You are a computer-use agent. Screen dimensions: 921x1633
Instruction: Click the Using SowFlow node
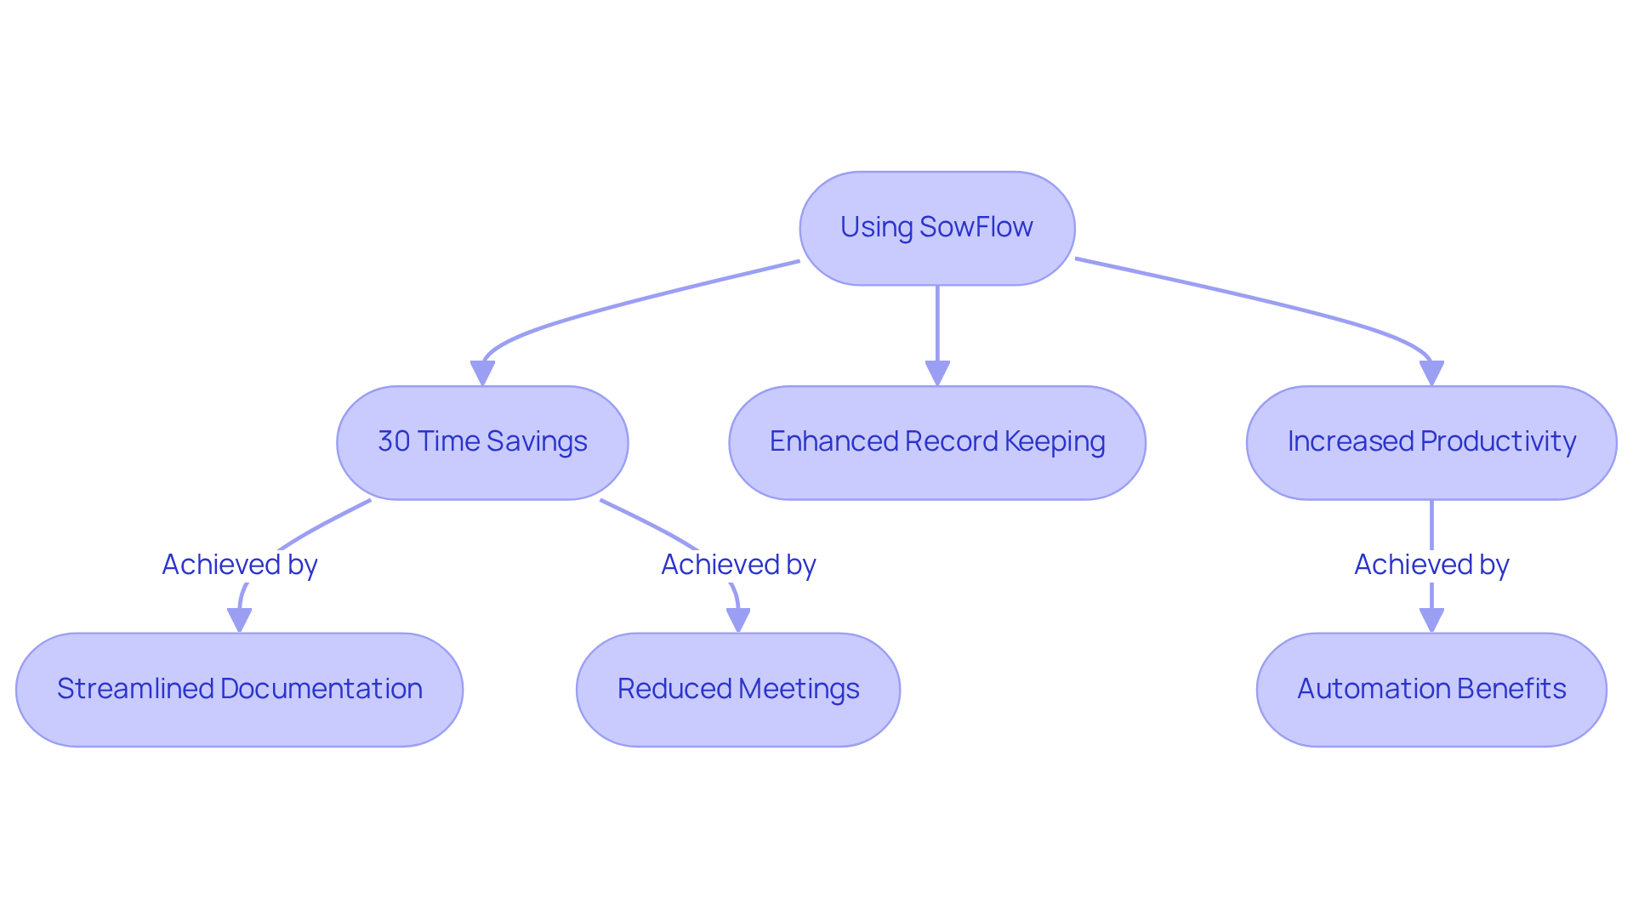[936, 228]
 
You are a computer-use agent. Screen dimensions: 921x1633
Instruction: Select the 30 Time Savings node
[482, 442]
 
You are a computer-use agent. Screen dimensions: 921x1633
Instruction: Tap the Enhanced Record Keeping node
[936, 442]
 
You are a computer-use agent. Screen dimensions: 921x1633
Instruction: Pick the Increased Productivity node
[1431, 442]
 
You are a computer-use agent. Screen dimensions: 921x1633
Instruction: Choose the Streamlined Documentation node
[239, 689]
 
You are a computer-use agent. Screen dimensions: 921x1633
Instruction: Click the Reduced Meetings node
[737, 689]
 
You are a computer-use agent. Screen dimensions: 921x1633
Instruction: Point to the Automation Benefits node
[1431, 689]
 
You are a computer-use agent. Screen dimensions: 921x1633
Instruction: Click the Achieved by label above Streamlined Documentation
[239, 565]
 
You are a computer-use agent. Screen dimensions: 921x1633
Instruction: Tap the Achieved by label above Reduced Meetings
[737, 565]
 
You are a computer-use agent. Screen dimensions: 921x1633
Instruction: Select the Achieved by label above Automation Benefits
[1431, 565]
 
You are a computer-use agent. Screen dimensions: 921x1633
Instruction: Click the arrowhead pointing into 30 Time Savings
[482, 373]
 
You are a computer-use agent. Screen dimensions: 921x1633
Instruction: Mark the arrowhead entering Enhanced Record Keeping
[936, 373]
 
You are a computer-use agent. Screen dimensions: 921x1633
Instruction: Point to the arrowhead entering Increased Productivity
[1431, 373]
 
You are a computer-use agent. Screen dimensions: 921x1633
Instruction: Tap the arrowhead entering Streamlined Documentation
[239, 620]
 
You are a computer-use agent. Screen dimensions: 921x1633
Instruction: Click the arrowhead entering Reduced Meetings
[737, 620]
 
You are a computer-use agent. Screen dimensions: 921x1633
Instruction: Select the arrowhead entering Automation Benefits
[1431, 620]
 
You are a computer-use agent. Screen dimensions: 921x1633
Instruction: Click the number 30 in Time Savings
[394, 442]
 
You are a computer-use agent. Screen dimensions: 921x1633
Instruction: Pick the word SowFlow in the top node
[976, 228]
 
